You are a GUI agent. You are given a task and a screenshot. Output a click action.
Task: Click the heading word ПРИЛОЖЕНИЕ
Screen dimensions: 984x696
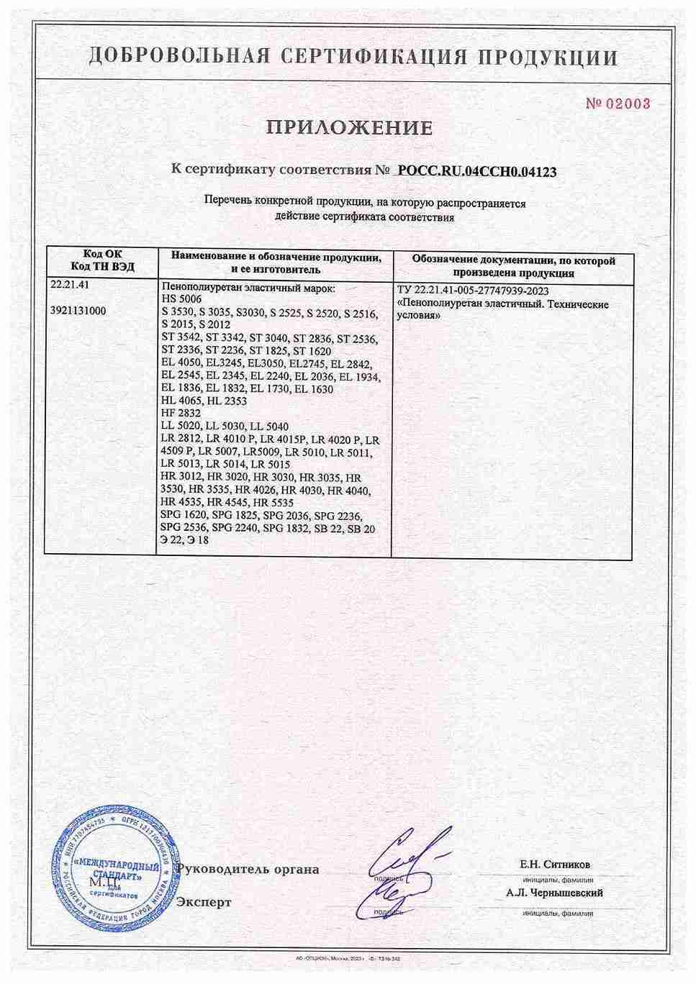[350, 129]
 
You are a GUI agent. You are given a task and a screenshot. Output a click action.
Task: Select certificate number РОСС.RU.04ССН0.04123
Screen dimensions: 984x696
[477, 171]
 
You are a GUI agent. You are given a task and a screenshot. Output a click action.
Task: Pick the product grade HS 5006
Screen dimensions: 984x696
[184, 299]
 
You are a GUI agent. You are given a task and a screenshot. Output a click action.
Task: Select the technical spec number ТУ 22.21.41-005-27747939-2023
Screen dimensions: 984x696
[472, 292]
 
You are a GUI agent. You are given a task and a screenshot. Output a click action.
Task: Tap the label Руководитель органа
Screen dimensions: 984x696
[248, 870]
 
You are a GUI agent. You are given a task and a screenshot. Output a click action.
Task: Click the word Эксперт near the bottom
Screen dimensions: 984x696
[204, 902]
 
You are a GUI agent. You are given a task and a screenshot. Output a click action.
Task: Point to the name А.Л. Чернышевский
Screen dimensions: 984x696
[553, 893]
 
